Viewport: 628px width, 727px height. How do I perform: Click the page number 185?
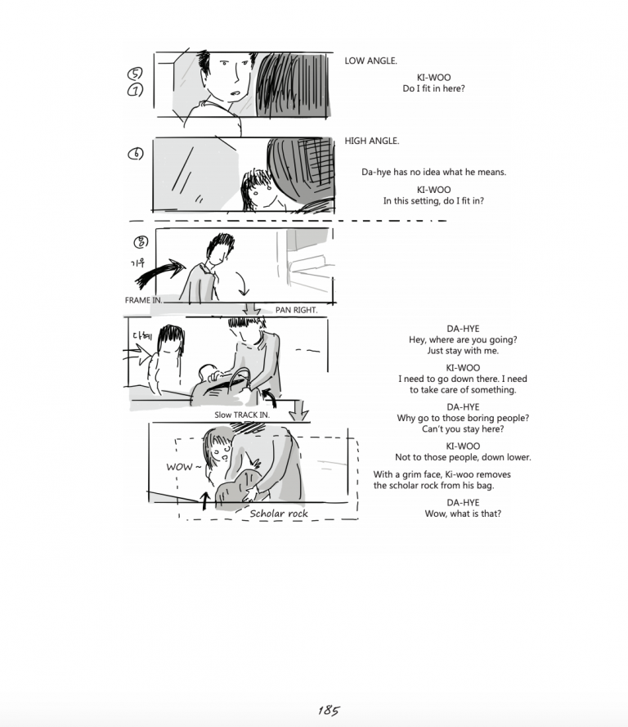tap(330, 711)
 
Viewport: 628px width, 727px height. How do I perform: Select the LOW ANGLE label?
tap(370, 61)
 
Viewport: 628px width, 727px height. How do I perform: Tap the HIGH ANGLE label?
tap(372, 141)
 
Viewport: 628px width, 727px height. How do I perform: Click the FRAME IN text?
tap(143, 300)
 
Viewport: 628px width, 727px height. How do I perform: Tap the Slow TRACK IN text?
tap(242, 415)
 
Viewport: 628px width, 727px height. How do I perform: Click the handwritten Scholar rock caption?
tap(279, 513)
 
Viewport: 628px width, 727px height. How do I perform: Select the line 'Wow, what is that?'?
tap(462, 514)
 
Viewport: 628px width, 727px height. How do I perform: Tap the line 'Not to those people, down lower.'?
tap(462, 457)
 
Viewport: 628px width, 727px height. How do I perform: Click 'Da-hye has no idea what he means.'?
tap(433, 172)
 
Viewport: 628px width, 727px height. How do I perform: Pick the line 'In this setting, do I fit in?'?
tap(433, 200)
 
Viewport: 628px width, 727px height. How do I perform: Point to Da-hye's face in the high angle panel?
tap(260, 194)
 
